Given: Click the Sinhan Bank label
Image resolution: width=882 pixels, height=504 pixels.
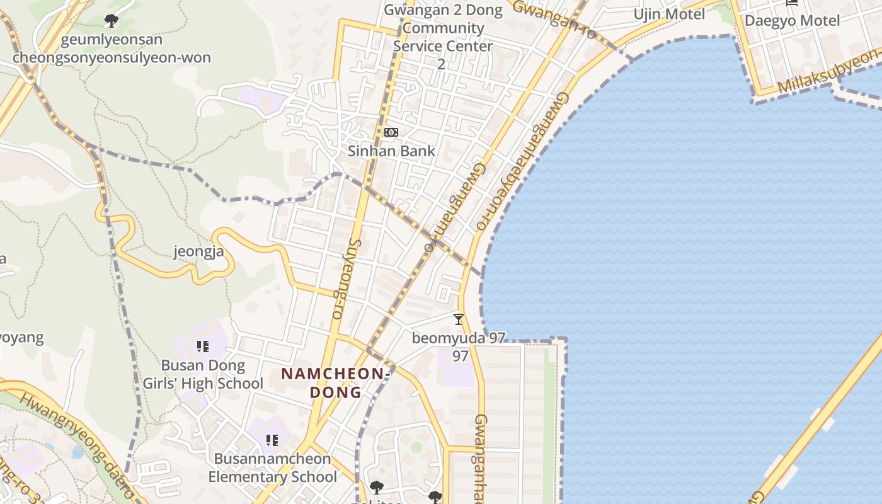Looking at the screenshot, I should [391, 151].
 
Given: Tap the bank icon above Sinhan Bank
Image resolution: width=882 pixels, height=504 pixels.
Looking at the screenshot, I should [391, 132].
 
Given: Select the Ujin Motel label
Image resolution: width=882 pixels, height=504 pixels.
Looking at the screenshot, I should [669, 14].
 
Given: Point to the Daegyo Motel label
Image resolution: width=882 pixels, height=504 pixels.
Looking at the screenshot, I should [792, 20].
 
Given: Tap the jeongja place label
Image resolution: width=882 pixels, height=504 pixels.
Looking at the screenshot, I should [198, 253].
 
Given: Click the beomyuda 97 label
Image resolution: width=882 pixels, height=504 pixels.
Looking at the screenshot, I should [459, 338].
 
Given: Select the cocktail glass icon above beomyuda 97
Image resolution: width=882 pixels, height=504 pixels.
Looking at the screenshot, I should [459, 319].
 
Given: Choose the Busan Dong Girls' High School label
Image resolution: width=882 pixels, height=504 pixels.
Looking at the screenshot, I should [203, 374].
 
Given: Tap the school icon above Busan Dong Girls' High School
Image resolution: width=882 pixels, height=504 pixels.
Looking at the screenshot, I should [203, 346].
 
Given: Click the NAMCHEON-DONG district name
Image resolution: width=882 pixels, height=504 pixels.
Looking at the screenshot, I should [335, 382].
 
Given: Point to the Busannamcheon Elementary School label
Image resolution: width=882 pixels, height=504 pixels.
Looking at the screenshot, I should [272, 467].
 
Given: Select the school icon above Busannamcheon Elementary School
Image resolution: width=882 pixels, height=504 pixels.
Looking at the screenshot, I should [272, 440].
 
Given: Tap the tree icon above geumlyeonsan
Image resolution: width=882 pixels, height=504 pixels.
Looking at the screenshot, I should [112, 21].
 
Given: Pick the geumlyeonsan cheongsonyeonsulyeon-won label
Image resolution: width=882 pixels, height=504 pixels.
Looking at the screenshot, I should [112, 49].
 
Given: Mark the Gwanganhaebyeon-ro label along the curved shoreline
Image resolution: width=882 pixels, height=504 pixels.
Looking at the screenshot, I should [524, 161].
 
